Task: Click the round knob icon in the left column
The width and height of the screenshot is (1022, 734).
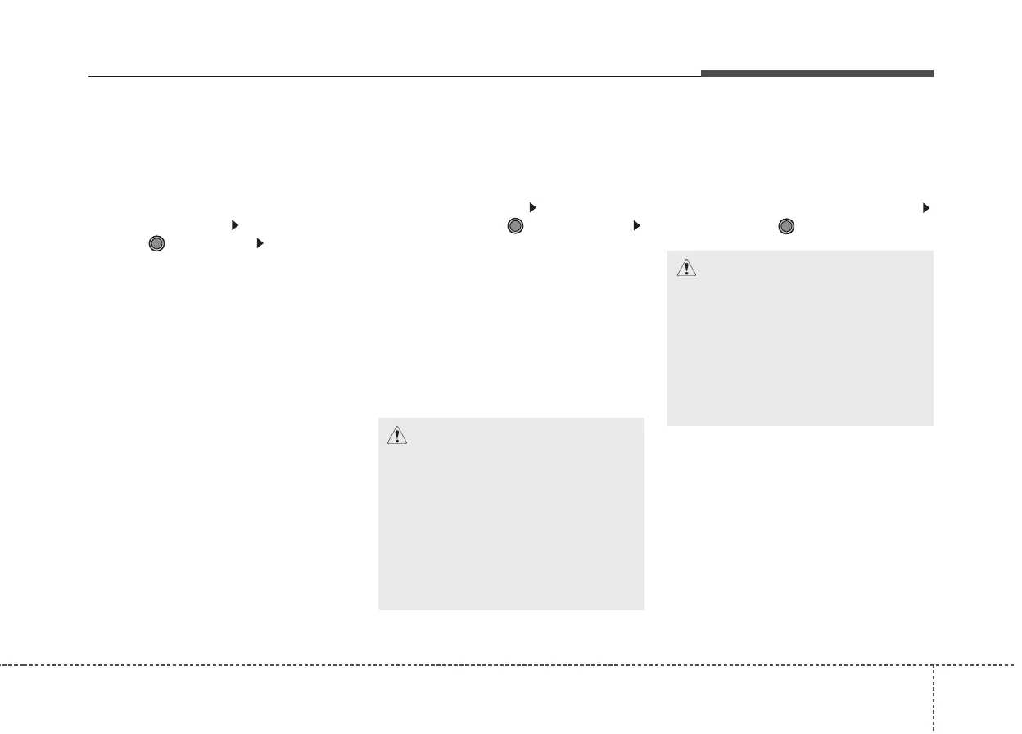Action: [x=157, y=243]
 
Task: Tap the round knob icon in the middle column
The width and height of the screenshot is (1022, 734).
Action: [x=514, y=226]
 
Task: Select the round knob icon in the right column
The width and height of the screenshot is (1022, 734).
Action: [x=785, y=226]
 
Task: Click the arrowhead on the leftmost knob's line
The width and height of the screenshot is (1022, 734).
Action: [x=259, y=243]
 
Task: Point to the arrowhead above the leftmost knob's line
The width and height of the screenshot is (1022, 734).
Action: [x=234, y=224]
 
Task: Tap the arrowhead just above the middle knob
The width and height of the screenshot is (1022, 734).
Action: [x=531, y=207]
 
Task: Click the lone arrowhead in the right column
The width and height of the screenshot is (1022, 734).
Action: [x=926, y=208]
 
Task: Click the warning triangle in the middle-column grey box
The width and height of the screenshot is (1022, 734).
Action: [x=397, y=435]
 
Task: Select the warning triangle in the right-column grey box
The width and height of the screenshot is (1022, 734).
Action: [x=686, y=267]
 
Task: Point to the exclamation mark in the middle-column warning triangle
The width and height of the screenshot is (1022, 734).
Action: [x=397, y=437]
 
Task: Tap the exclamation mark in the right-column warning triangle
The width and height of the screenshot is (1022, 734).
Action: [x=686, y=269]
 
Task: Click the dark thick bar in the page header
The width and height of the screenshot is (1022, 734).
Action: [x=816, y=74]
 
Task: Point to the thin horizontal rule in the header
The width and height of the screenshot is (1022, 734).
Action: [x=393, y=78]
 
